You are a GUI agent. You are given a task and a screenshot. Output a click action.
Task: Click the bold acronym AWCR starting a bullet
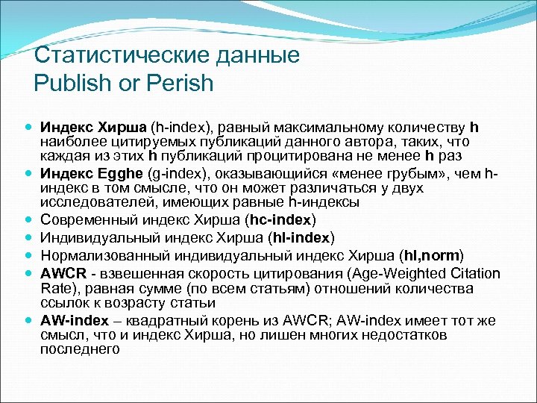[x=63, y=272]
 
